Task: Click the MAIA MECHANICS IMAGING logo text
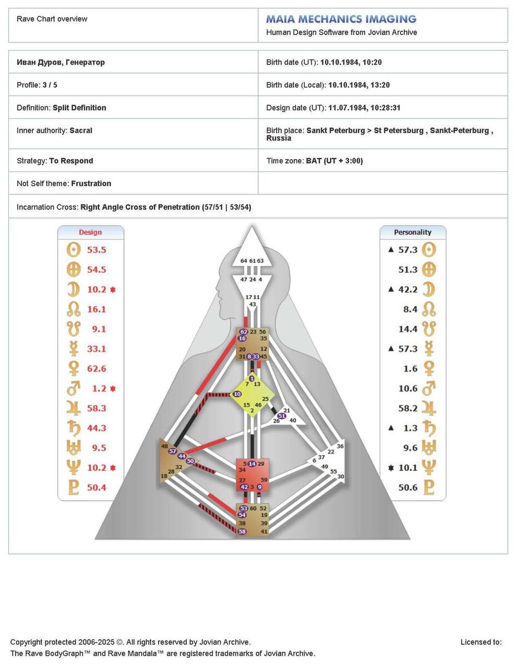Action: (341, 19)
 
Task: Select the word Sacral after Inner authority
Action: (81, 131)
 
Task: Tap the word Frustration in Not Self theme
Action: (91, 183)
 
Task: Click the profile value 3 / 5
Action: (50, 85)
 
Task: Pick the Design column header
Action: (90, 232)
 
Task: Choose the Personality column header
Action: (413, 232)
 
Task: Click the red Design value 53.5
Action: (96, 250)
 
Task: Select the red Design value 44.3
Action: (96, 428)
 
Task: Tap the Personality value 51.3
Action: (408, 270)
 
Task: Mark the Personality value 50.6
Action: (408, 487)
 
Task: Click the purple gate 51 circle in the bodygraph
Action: (282, 416)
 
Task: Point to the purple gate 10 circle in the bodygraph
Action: (237, 394)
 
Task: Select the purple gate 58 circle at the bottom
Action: (242, 531)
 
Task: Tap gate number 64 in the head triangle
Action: (244, 261)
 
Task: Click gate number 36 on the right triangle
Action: (340, 446)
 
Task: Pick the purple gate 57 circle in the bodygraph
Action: (172, 451)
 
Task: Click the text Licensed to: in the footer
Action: (481, 643)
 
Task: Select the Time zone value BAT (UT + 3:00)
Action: (334, 161)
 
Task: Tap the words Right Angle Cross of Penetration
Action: (140, 207)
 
